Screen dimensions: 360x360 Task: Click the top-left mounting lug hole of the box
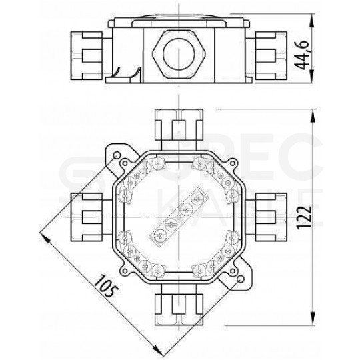point(118,156)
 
